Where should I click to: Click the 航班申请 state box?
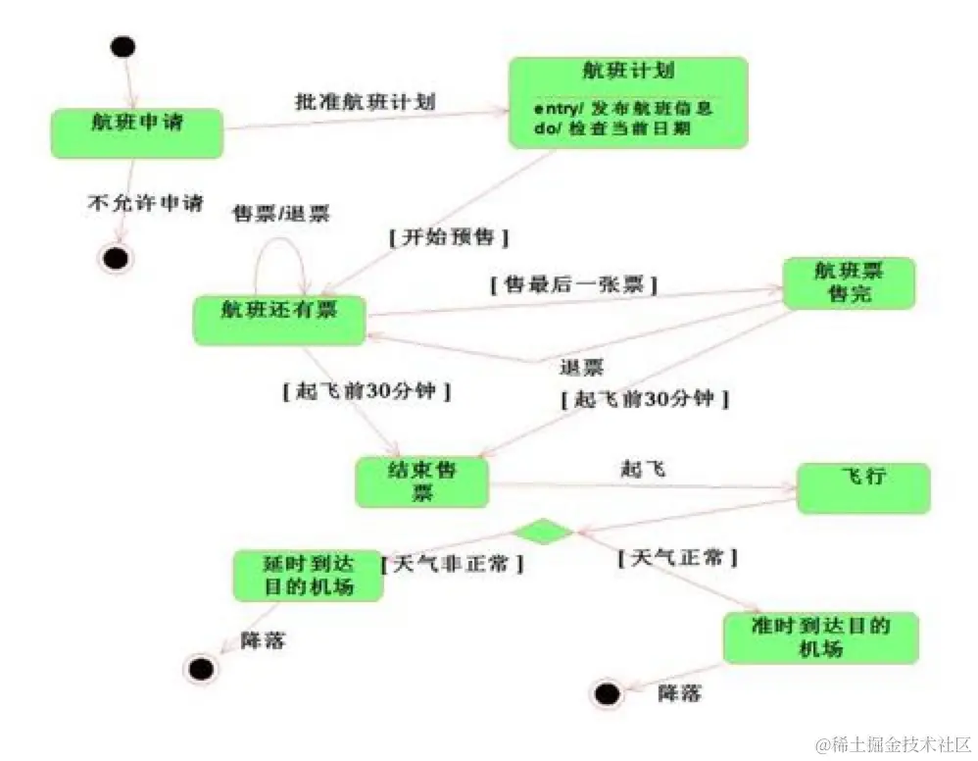pyautogui.click(x=137, y=131)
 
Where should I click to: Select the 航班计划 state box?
pyautogui.click(x=627, y=102)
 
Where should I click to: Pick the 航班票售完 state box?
pyautogui.click(x=848, y=283)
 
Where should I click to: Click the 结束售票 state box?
pyautogui.click(x=421, y=482)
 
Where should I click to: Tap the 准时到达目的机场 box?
pyautogui.click(x=820, y=637)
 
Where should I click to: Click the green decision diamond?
pyautogui.click(x=543, y=533)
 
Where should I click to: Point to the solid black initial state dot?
pyautogui.click(x=123, y=46)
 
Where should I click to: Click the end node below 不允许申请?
pyautogui.click(x=116, y=258)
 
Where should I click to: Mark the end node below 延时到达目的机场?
pyautogui.click(x=199, y=669)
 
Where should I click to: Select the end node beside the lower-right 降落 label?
pyautogui.click(x=607, y=693)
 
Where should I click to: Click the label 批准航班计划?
pyautogui.click(x=365, y=102)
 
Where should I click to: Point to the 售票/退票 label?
pyautogui.click(x=280, y=213)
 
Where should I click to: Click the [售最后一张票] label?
pyautogui.click(x=572, y=285)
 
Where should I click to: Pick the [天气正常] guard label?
pyautogui.click(x=677, y=557)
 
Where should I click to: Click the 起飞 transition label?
pyautogui.click(x=642, y=469)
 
